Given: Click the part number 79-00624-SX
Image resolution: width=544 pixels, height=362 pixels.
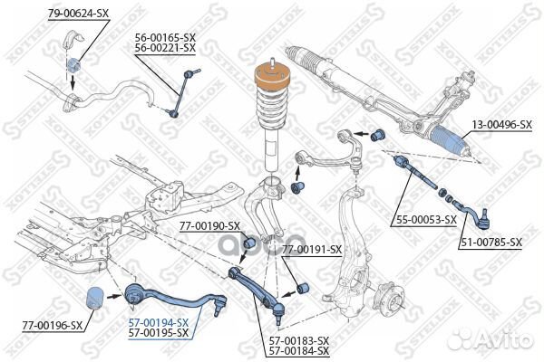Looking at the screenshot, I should coord(78,12).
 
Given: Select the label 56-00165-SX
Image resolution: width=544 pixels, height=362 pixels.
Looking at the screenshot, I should coord(165,37).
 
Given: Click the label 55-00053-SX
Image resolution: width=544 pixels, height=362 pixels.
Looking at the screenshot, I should coord(425,219).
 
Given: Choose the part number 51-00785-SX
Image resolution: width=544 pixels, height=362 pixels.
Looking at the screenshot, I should coord(491,242).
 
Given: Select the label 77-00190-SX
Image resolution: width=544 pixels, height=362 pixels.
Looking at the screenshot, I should coord(209,225).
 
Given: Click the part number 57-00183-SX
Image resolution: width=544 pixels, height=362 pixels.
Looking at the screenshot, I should coord(298,340).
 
